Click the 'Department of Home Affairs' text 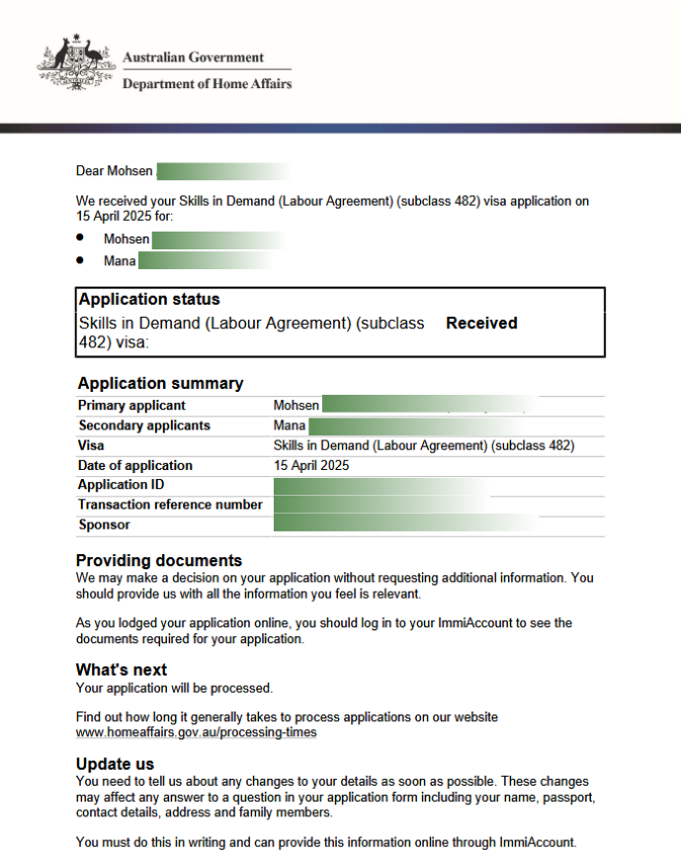[x=207, y=84]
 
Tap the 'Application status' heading [x=149, y=300]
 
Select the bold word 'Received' [x=481, y=324]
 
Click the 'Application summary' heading [x=160, y=384]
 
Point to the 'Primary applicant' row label [x=131, y=406]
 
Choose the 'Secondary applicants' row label [x=144, y=426]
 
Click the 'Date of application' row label [x=135, y=465]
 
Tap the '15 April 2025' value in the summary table [x=311, y=465]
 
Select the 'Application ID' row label [x=121, y=485]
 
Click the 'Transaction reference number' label [x=170, y=505]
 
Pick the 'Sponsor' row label [x=104, y=524]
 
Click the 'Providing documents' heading [x=158, y=560]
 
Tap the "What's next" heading [x=122, y=670]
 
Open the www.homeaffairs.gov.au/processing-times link [x=197, y=733]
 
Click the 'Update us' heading [x=115, y=764]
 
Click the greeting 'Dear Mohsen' [x=115, y=171]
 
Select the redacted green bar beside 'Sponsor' [x=405, y=524]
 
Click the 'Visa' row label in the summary [x=91, y=445]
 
